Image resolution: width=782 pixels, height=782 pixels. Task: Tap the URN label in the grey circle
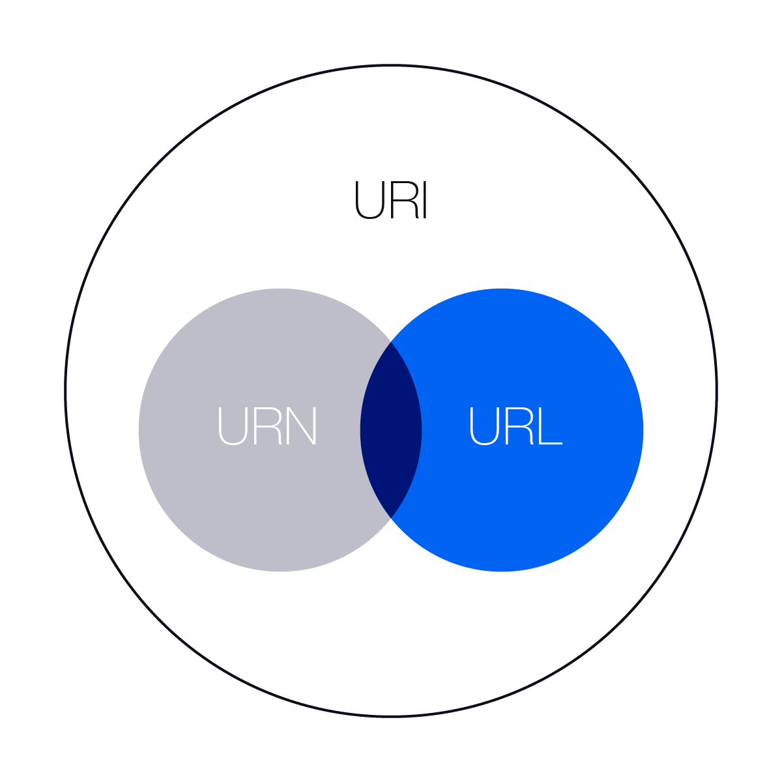tap(267, 426)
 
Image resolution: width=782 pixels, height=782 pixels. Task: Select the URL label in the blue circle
tap(515, 426)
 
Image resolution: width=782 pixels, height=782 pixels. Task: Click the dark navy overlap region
tap(391, 430)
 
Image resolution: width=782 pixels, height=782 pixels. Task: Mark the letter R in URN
tap(268, 426)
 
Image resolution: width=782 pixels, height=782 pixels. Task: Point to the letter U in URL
tap(483, 426)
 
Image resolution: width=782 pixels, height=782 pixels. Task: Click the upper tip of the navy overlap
tap(391, 343)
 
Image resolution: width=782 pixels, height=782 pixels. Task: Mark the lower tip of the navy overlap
tap(391, 517)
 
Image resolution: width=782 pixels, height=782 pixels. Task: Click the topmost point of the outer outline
tap(391, 66)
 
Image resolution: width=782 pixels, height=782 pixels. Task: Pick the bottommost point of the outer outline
tap(391, 716)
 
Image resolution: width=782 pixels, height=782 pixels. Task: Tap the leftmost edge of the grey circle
tap(139, 430)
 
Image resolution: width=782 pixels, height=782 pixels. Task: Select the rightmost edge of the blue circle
tap(643, 430)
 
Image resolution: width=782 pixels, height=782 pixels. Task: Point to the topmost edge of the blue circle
tap(502, 289)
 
